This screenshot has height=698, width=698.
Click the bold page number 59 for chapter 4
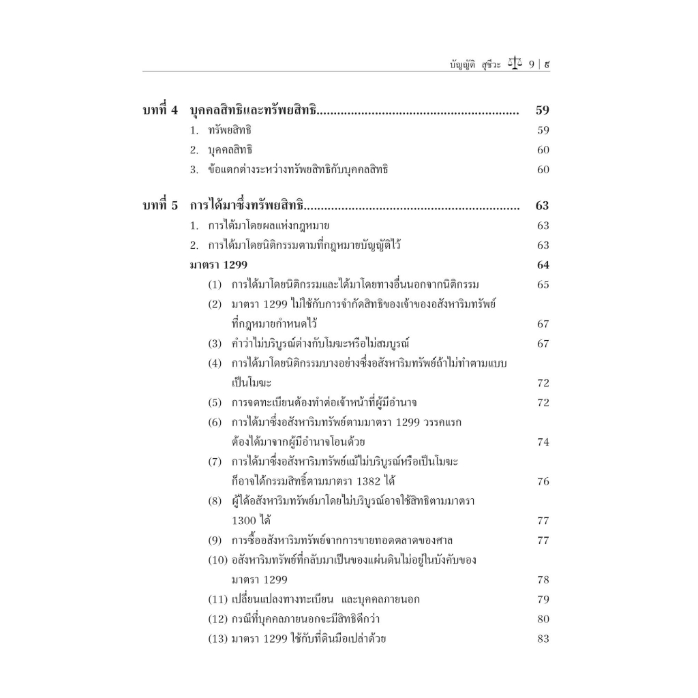[x=543, y=110]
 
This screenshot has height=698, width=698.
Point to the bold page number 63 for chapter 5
[x=543, y=206]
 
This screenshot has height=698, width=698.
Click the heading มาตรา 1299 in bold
[x=219, y=265]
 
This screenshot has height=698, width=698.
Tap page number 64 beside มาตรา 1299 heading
[x=543, y=265]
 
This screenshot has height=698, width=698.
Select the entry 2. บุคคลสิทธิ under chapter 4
[x=221, y=150]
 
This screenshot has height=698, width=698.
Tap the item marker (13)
[x=217, y=639]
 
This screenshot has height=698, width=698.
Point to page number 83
[x=543, y=639]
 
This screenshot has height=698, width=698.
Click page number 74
[x=543, y=442]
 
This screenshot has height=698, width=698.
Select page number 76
[x=543, y=482]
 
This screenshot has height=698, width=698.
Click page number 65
[x=543, y=285]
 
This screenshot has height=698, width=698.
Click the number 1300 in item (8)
[x=244, y=521]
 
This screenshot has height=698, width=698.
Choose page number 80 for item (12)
[x=543, y=620]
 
